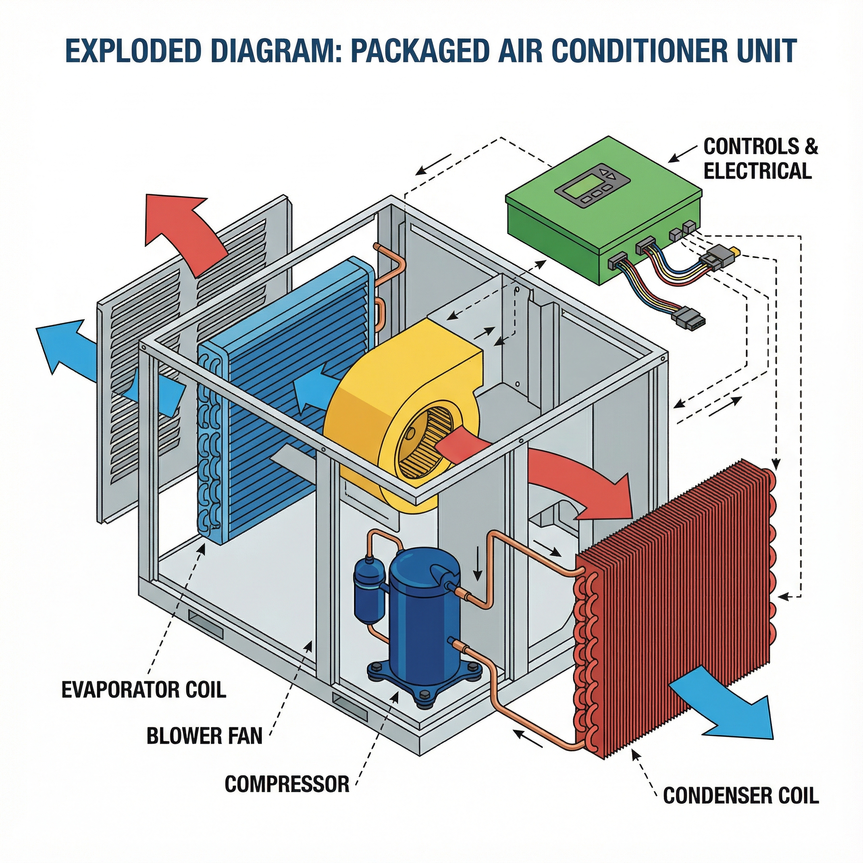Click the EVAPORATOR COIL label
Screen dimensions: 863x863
144,690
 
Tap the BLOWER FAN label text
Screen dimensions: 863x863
204,736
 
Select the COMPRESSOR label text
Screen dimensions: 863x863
287,784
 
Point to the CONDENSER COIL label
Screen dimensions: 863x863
741,796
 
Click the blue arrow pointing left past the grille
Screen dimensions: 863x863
67,353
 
